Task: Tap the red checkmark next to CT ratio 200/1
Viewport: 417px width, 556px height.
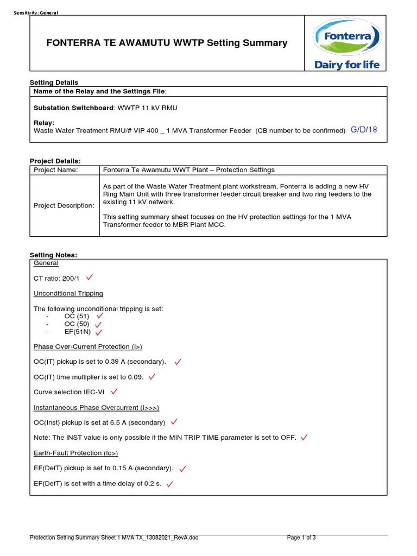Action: pos(90,278)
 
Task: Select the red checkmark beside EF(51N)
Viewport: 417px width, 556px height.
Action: pos(98,332)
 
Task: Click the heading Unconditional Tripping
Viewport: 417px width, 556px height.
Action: pos(68,293)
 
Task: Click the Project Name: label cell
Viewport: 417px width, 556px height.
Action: pos(56,170)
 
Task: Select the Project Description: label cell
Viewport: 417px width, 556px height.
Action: pos(64,205)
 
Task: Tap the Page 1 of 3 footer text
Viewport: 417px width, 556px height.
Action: pos(301,538)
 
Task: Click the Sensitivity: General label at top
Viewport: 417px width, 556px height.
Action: pos(35,12)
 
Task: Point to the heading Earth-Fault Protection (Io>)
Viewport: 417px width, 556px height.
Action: pos(75,453)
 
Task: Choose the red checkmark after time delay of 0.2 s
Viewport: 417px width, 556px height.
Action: pos(170,483)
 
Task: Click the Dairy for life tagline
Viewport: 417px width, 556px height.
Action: pos(347,65)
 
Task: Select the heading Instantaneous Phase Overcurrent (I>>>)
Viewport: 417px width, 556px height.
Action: pos(96,407)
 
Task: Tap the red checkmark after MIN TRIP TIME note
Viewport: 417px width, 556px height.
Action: pos(304,437)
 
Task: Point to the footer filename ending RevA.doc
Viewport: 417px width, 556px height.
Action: pos(114,538)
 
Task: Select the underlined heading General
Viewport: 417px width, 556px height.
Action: pos(46,263)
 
